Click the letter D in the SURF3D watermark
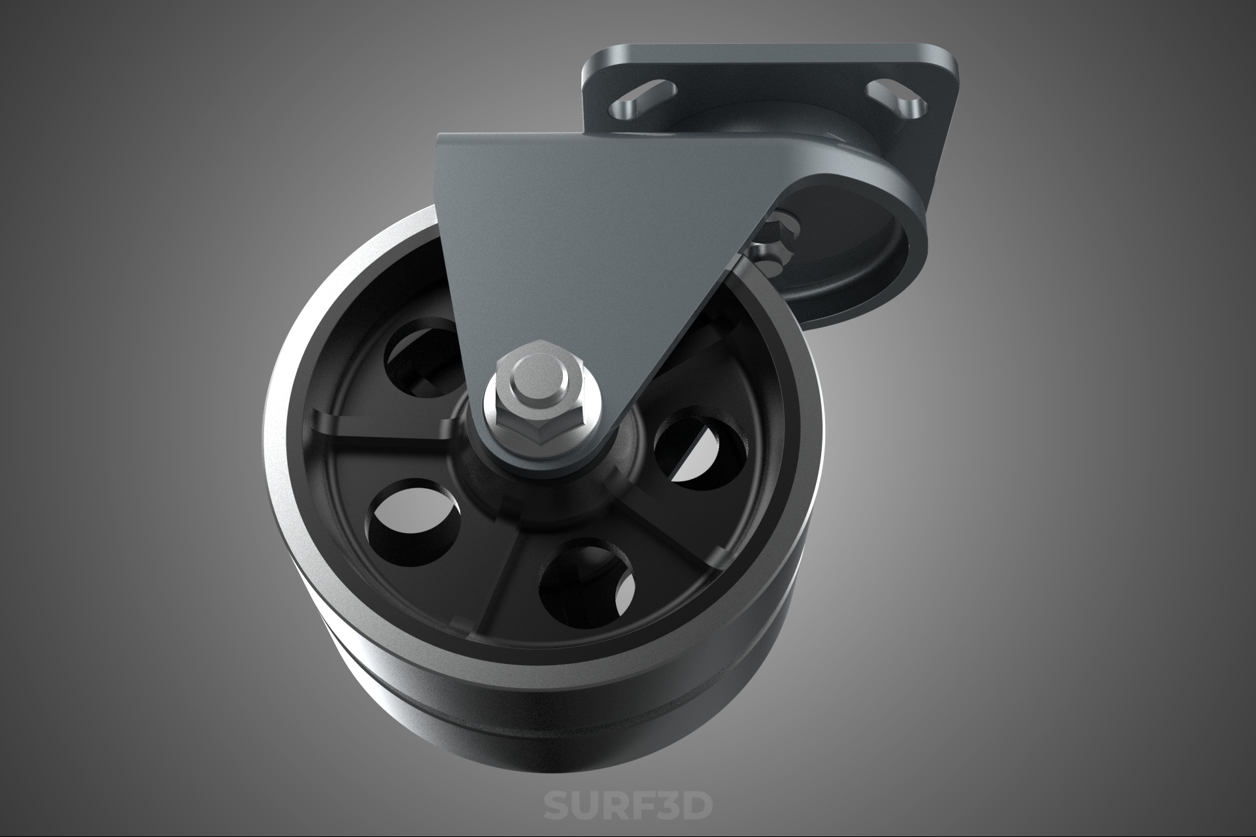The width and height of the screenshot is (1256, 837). coord(694,805)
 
